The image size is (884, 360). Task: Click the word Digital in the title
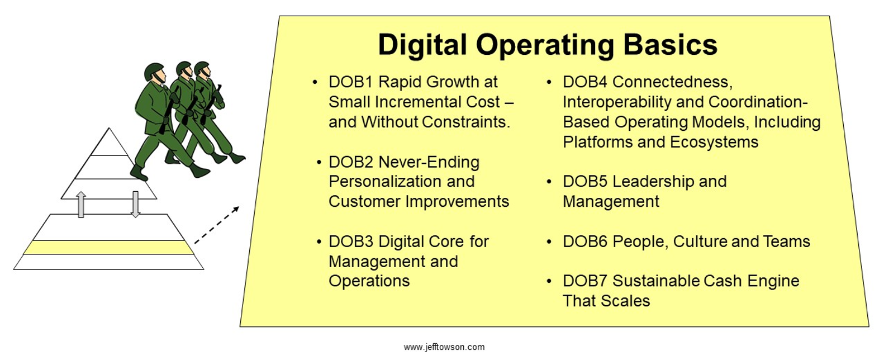(422, 45)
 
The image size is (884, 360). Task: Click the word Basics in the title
(671, 45)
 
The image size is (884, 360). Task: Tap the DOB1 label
(351, 82)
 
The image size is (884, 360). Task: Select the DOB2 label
(351, 162)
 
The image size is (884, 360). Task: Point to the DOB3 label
(351, 241)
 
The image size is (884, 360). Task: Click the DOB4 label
(585, 82)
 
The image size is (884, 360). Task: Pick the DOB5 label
(585, 182)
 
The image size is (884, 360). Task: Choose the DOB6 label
(585, 241)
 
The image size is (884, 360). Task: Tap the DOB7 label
(585, 281)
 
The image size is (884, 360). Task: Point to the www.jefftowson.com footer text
(444, 347)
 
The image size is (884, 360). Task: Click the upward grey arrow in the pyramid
(81, 205)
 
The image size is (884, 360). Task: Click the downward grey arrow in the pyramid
(135, 205)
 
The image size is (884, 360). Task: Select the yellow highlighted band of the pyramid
(108, 248)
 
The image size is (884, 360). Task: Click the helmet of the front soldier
(154, 71)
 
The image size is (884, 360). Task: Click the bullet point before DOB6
(549, 241)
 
